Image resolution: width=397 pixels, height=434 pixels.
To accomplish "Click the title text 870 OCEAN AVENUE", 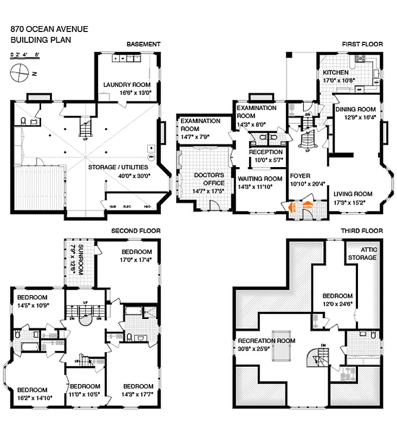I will [x=49, y=29].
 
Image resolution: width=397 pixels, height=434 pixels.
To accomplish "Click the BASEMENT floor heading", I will [x=143, y=44].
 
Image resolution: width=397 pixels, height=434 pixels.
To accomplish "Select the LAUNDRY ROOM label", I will [x=127, y=85].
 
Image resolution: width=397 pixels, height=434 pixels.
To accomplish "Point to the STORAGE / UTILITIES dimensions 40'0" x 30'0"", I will [x=126, y=175].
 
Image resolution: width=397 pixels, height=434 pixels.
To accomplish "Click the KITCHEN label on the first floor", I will [x=336, y=73].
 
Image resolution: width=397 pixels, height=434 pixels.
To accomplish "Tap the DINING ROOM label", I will [x=355, y=109].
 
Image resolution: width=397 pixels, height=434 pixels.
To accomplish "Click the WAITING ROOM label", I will [x=259, y=179].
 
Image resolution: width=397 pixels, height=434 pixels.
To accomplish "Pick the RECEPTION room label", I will [x=265, y=152].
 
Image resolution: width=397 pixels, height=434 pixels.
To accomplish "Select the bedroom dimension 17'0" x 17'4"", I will [x=136, y=260].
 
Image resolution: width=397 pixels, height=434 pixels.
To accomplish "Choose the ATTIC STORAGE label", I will [x=362, y=253].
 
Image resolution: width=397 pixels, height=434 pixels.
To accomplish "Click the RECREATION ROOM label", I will [x=266, y=341].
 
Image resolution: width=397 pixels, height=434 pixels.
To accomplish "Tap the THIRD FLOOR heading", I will [x=361, y=231].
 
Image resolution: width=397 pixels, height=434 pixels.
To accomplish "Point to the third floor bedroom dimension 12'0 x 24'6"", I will [x=338, y=304].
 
